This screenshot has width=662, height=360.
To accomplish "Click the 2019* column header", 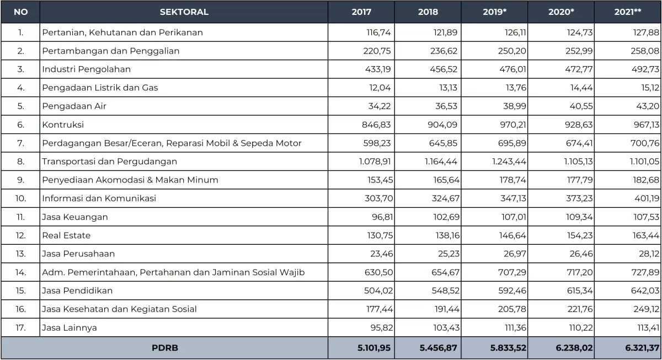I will click(x=494, y=12).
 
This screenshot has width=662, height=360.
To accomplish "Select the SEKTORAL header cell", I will click(x=184, y=12).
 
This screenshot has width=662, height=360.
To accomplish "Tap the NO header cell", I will click(x=20, y=12).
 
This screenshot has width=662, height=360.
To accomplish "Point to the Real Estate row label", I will click(x=66, y=235).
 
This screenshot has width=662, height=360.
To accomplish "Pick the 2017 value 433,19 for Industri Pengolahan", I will click(x=378, y=69).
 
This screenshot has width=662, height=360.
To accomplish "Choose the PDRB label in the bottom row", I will click(x=165, y=348).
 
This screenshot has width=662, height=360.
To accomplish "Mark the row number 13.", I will click(x=20, y=254).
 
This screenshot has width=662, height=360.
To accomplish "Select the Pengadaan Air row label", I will click(x=74, y=106).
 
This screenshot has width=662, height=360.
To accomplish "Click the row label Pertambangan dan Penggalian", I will click(x=110, y=51).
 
